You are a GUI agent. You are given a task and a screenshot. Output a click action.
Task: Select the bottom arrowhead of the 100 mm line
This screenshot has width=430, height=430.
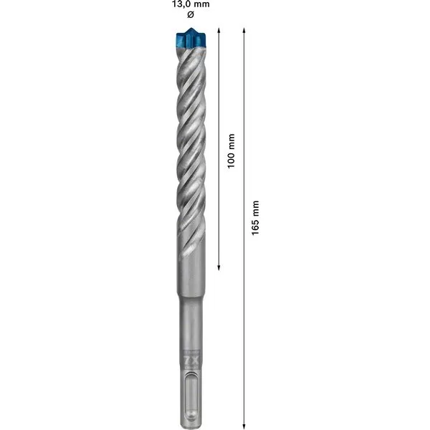[219, 268]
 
